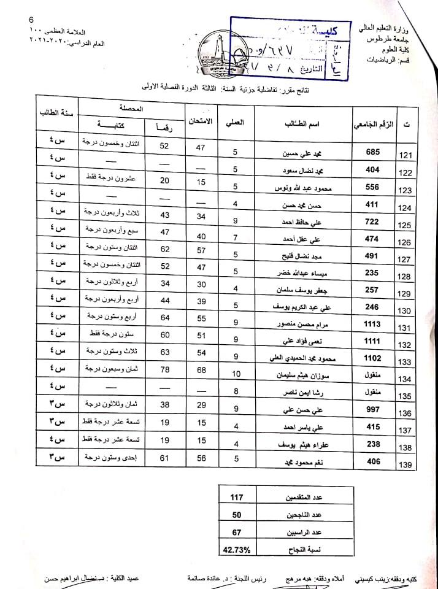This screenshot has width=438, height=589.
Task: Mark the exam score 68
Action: (200, 369)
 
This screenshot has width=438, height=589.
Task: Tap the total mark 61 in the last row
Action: (164, 457)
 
